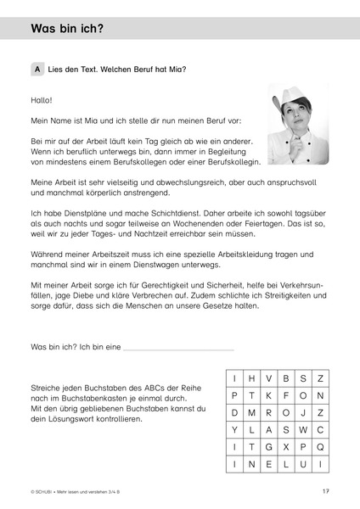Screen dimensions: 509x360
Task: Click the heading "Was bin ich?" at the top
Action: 67,28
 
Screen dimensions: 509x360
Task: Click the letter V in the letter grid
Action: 268,378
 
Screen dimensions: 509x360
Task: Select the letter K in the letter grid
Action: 268,395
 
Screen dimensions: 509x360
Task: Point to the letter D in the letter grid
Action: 233,412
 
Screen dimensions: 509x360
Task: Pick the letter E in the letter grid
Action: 268,464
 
